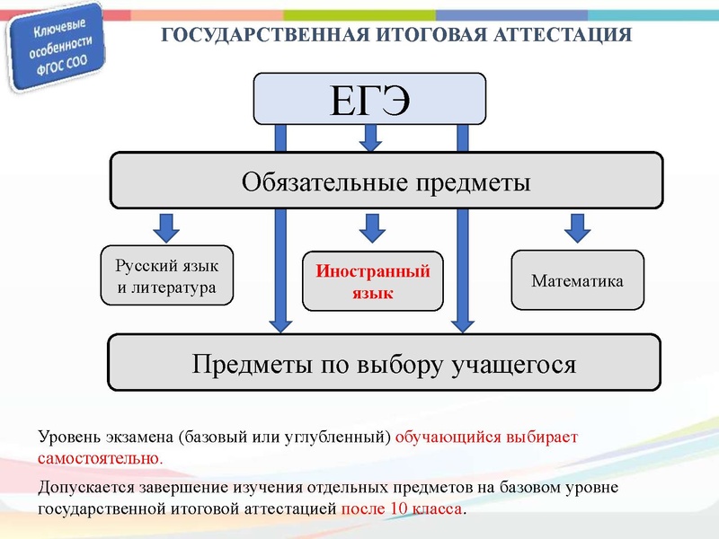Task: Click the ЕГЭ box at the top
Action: tap(369, 98)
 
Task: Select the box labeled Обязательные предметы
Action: tap(386, 181)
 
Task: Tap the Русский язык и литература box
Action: tap(167, 277)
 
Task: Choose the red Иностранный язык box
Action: tap(372, 281)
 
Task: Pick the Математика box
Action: tap(577, 281)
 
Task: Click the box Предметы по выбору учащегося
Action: tap(385, 364)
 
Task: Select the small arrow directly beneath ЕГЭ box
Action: tap(369, 138)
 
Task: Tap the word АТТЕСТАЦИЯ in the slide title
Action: tap(565, 35)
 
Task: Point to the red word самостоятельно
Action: tap(99, 457)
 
